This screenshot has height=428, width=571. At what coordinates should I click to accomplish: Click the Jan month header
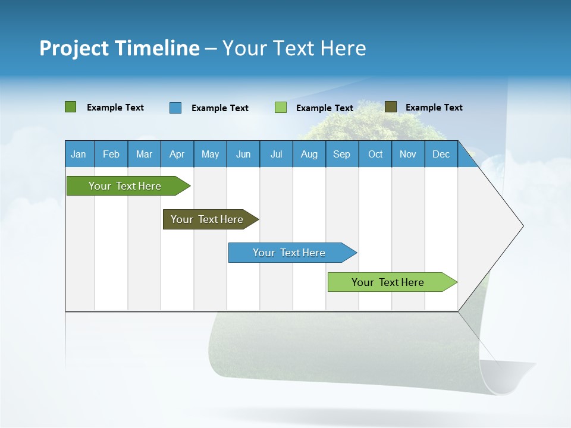(79, 154)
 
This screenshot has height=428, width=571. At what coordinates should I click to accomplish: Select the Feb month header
(111, 154)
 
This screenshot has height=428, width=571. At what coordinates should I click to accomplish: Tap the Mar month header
(144, 154)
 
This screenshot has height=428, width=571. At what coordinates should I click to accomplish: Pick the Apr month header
(177, 154)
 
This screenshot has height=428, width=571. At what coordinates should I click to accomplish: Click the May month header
(210, 154)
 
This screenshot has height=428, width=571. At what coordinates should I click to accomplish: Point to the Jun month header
(243, 154)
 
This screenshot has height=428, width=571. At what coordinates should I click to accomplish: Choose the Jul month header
(276, 154)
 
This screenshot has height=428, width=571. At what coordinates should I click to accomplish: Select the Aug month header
(309, 154)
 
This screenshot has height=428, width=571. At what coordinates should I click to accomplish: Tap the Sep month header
(342, 154)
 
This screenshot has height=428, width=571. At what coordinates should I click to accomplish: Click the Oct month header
(375, 154)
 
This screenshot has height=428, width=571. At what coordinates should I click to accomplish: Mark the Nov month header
(408, 154)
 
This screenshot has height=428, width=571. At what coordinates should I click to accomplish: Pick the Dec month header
(441, 154)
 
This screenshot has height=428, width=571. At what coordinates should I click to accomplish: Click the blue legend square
(175, 108)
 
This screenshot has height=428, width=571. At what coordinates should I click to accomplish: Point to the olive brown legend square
(391, 107)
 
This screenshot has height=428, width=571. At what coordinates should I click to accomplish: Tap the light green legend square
(281, 108)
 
